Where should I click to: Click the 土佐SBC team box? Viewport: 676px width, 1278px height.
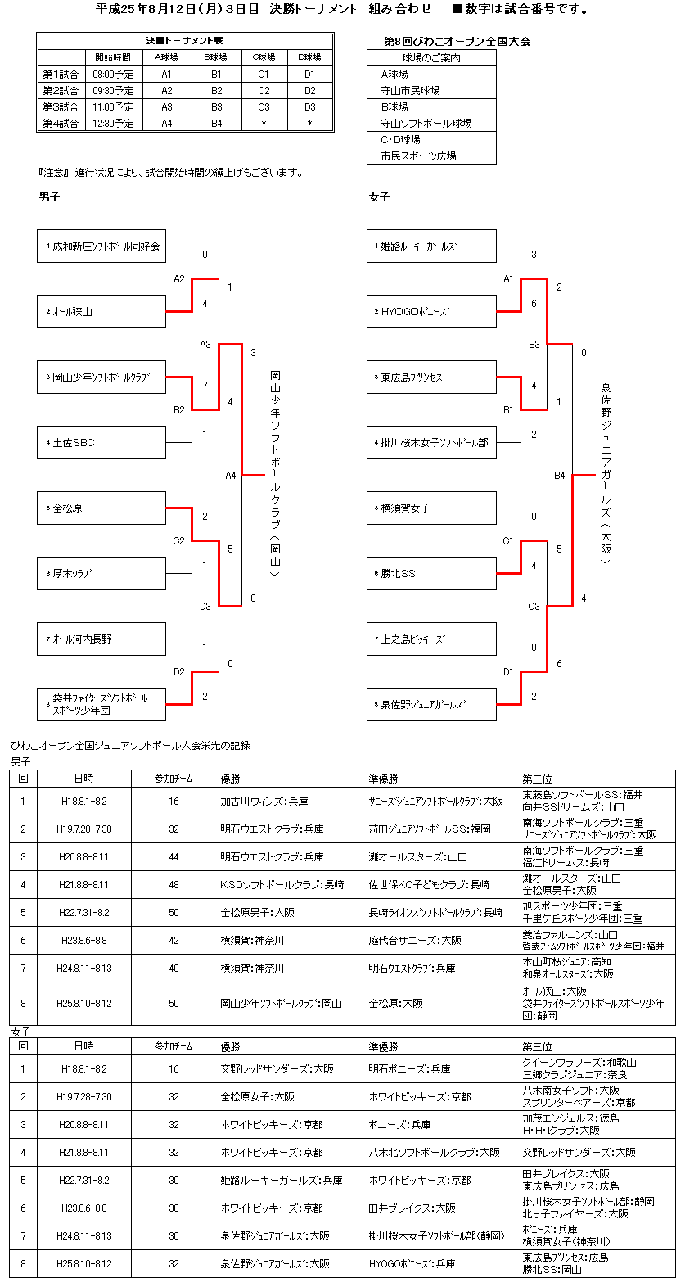point(101,442)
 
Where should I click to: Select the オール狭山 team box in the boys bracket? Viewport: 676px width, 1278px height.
point(101,311)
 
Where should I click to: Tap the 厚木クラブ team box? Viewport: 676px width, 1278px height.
point(101,573)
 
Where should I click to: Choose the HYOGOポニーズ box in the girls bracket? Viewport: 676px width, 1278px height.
point(431,311)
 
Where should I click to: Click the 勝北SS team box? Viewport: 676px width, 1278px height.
point(431,573)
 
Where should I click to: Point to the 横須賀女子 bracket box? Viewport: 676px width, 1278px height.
point(431,508)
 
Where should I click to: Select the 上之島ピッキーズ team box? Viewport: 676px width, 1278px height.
point(431,639)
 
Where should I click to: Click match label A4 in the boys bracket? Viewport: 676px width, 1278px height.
point(231,475)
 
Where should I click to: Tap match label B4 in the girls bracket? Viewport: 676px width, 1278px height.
point(560,475)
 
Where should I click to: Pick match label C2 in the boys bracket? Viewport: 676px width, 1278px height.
point(179,540)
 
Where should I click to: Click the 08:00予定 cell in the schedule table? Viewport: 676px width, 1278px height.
point(114,74)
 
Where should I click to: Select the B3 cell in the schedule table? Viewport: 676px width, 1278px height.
point(216,106)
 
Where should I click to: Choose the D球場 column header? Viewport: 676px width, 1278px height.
point(309,57)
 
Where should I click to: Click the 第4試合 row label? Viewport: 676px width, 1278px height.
point(61,123)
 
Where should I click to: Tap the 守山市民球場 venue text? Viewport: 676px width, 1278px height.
point(411,90)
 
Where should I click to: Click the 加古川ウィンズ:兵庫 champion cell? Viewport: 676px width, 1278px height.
point(292,802)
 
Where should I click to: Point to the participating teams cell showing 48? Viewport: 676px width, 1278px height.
point(174,885)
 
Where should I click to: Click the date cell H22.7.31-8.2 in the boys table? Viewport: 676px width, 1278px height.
point(86,913)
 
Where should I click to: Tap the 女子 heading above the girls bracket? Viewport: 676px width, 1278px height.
point(379,197)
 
